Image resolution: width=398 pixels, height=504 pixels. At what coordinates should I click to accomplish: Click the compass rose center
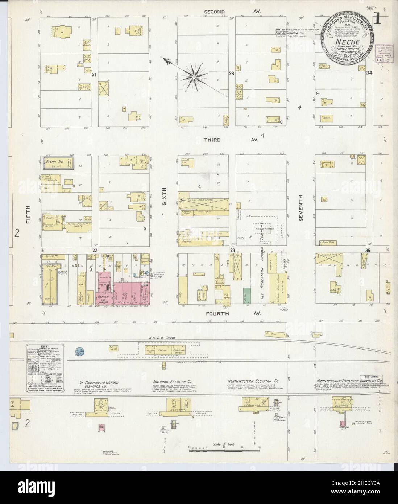point(194,77)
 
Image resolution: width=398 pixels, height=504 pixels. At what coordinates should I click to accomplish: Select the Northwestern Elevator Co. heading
point(253,381)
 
